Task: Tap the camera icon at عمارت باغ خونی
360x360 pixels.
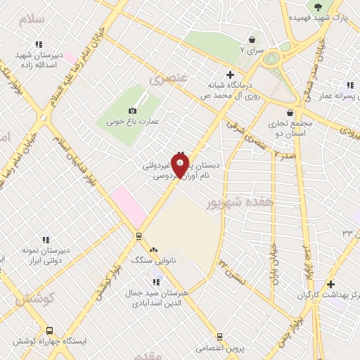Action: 132,110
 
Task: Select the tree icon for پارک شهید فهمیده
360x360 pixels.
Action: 319,6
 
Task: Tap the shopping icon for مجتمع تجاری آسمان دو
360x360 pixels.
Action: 290,112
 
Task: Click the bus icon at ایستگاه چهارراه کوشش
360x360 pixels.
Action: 49,330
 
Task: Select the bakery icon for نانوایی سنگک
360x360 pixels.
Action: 153,249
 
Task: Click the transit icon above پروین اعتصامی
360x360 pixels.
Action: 219,337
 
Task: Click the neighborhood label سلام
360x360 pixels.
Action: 32,19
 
